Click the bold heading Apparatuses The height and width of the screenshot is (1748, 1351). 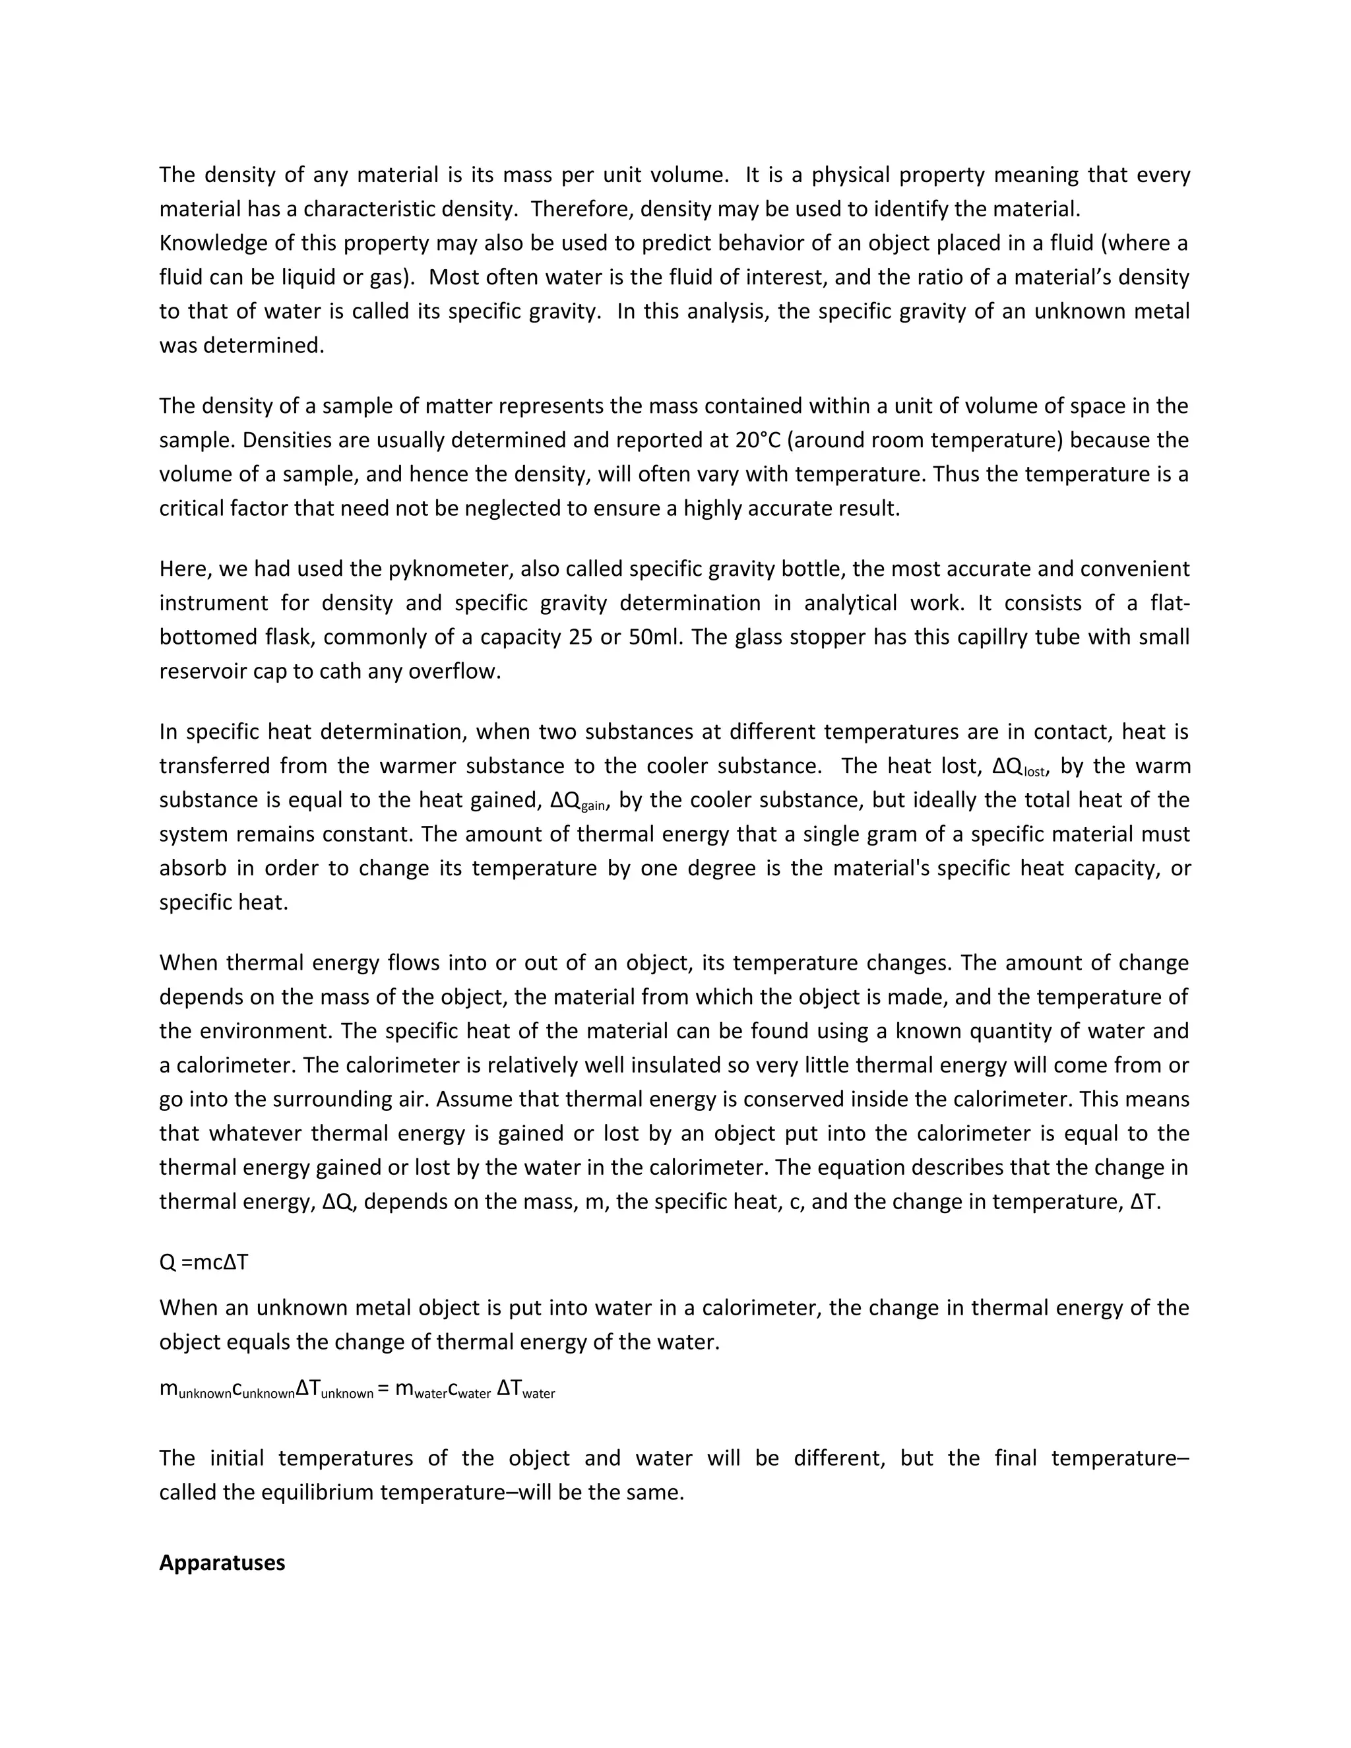click(222, 1562)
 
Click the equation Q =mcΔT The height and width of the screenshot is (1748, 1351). click(204, 1262)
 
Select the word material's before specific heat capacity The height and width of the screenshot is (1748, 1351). click(881, 869)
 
